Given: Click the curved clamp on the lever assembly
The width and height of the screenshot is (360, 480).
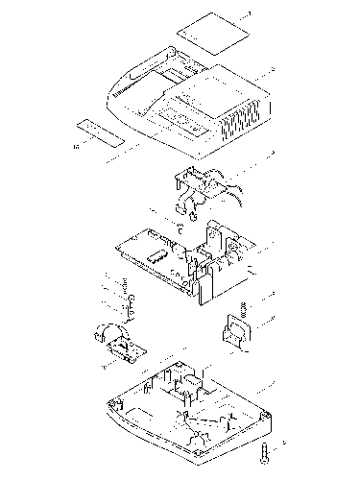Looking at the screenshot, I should pos(102,335).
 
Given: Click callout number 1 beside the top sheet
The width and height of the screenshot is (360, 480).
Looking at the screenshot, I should pos(249,13).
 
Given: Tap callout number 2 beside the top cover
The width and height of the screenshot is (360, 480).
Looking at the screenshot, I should pos(275,69).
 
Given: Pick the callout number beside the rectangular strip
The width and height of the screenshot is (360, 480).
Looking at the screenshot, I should pos(75,147).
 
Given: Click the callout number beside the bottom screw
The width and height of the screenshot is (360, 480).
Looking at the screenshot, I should pos(284,444).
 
